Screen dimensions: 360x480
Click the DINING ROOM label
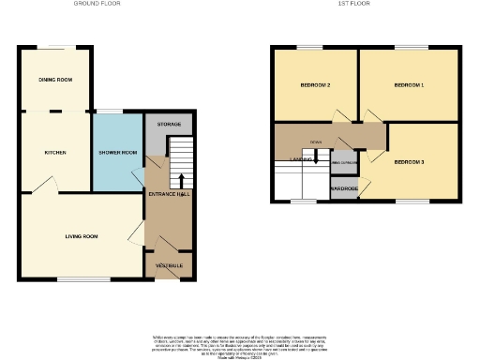(55, 80)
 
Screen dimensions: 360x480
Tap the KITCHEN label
(55, 152)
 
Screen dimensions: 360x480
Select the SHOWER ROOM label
(118, 152)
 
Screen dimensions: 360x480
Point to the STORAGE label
(169, 124)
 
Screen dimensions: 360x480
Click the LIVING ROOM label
(81, 236)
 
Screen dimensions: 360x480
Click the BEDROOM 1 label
(409, 85)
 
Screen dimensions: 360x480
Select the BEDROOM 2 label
(315, 85)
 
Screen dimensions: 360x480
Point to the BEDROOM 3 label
(409, 162)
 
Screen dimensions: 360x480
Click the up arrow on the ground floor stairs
(181, 179)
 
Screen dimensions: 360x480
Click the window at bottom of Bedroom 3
(409, 201)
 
